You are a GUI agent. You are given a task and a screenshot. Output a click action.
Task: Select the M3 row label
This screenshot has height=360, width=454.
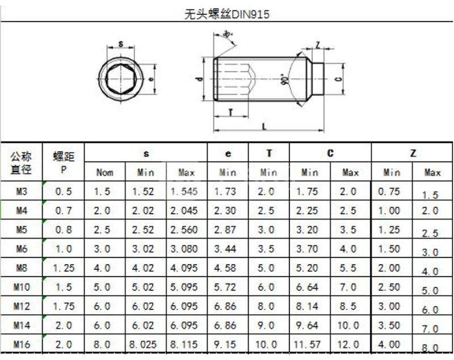[x=22, y=192]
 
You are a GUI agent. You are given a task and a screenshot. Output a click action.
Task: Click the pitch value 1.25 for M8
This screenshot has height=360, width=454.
[x=64, y=268]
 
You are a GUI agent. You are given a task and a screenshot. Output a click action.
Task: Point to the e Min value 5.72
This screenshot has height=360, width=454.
[x=228, y=287]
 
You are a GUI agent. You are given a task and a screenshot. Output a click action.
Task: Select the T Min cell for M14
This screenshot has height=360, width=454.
[x=268, y=325]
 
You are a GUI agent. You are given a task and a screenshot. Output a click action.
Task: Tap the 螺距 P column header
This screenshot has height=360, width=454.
[x=64, y=162]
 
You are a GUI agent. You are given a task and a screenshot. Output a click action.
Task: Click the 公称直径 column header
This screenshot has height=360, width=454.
[x=22, y=162]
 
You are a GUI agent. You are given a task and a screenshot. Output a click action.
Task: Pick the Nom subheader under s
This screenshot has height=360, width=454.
[x=104, y=172]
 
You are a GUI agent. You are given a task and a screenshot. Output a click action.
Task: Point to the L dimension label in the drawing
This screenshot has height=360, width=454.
[x=264, y=127]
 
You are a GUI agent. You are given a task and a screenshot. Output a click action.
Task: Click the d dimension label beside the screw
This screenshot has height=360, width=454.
[x=199, y=80]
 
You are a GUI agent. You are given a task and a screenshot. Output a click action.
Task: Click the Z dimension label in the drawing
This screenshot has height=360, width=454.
[x=318, y=45]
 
